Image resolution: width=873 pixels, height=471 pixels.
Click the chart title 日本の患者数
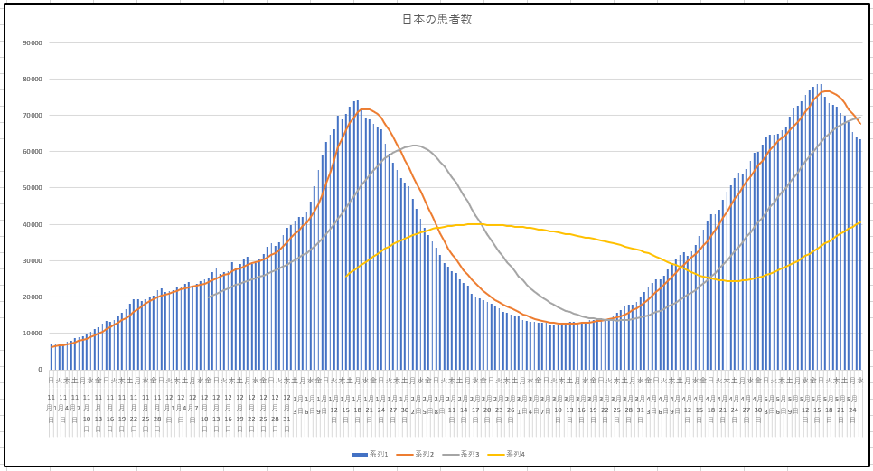pyautogui.click(x=436, y=19)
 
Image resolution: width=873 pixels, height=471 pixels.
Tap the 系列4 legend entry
pyautogui.click(x=512, y=454)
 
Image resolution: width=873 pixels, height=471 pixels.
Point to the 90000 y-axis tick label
pyautogui.click(x=33, y=42)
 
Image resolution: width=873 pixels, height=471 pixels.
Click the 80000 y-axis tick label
pyautogui.click(x=33, y=79)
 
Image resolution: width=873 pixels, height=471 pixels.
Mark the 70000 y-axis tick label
pyautogui.click(x=33, y=116)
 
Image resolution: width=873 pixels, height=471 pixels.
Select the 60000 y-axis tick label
pyautogui.click(x=33, y=152)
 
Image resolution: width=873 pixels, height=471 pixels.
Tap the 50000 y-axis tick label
pyautogui.click(x=33, y=188)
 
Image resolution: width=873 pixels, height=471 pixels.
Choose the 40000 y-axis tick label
pyautogui.click(x=33, y=224)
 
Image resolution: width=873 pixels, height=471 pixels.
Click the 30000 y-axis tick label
pyautogui.click(x=33, y=260)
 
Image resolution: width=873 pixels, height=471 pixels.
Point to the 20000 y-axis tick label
pyautogui.click(x=33, y=297)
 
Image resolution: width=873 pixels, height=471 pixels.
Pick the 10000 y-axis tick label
pyautogui.click(x=33, y=334)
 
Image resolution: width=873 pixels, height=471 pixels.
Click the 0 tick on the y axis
pyautogui.click(x=40, y=370)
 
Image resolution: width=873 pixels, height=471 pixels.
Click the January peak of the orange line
pyautogui.click(x=364, y=109)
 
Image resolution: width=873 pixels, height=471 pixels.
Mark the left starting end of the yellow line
pyautogui.click(x=345, y=276)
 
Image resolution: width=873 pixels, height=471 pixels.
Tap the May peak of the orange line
pyautogui.click(x=829, y=91)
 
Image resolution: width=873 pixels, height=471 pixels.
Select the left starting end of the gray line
pyautogui.click(x=209, y=296)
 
